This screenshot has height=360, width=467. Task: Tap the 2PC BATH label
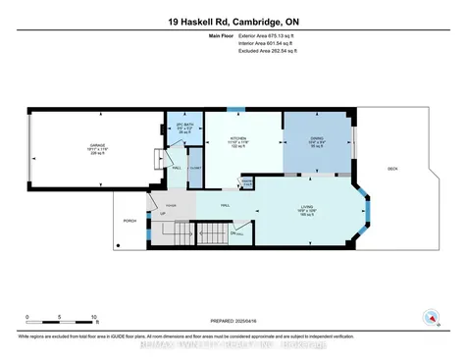(x=180, y=126)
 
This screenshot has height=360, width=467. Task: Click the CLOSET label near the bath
(x=194, y=169)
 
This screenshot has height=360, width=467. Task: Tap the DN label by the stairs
(x=234, y=233)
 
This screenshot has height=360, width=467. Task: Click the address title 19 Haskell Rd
(x=233, y=20)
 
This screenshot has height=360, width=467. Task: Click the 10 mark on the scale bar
(x=93, y=317)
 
